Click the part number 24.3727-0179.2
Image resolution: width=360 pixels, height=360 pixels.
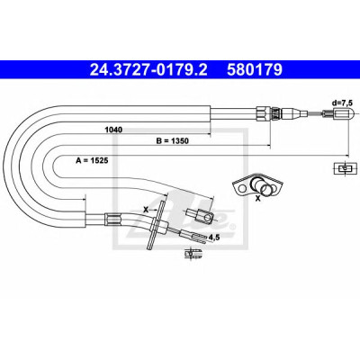[x=148, y=70]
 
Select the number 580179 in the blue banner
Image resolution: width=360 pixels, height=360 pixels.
[x=255, y=70]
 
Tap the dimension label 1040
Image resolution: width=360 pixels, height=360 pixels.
[x=113, y=130]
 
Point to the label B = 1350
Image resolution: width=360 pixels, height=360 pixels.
[x=172, y=140]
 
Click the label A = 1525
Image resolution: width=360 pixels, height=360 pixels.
[x=92, y=160]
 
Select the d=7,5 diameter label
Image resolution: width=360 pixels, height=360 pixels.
[x=341, y=103]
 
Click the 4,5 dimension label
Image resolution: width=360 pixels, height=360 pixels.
[x=214, y=238]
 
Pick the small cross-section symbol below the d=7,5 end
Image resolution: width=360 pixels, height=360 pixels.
[x=346, y=168]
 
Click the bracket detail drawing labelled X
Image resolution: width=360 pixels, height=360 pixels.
[x=257, y=184]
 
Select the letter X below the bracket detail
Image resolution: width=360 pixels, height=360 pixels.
[x=257, y=198]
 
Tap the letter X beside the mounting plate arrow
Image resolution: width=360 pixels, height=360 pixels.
[x=146, y=210]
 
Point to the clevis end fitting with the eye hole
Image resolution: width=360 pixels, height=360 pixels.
[x=200, y=216]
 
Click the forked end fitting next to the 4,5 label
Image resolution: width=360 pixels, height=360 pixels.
[x=193, y=235]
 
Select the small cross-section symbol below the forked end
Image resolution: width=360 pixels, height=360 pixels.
[x=193, y=254]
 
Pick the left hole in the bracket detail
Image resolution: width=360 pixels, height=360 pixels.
[x=241, y=189]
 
